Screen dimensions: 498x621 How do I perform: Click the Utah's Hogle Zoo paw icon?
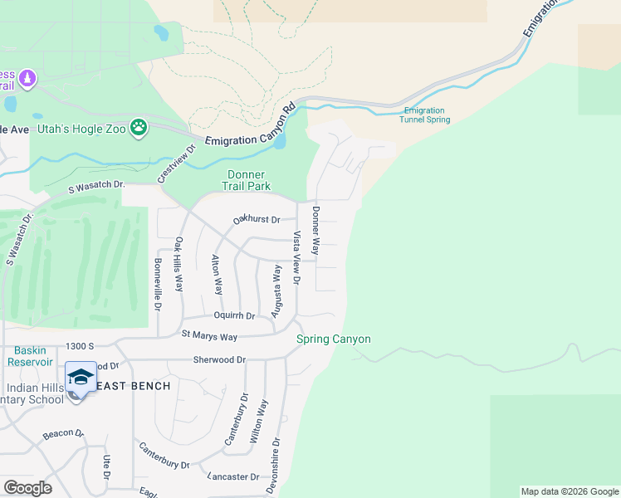tap(139, 127)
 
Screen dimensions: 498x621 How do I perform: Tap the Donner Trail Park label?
tap(247, 180)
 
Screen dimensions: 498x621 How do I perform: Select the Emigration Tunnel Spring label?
tap(427, 115)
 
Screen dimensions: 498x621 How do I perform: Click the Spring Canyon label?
tap(334, 339)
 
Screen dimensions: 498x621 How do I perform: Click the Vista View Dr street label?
tap(296, 260)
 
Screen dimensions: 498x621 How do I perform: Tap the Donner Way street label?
tap(315, 230)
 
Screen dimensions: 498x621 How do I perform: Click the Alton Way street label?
tap(218, 275)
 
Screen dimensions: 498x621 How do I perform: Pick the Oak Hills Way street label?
tap(178, 265)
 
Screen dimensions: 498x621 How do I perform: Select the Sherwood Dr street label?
tap(220, 360)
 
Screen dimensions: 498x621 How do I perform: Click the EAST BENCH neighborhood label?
tap(134, 386)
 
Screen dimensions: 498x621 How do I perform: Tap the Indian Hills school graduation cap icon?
tap(81, 377)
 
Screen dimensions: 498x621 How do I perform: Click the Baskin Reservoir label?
tap(27, 355)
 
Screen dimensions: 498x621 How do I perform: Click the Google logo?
tap(27, 488)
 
